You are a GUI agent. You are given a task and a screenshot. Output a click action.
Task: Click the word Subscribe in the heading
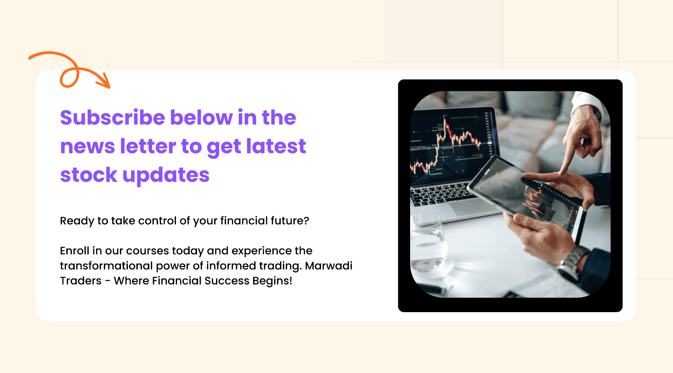tap(113, 117)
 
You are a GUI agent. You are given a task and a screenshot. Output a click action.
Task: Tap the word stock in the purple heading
tap(89, 175)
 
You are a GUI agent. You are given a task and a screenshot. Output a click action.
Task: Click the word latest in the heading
tap(276, 146)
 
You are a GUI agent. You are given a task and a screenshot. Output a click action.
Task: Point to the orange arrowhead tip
tap(110, 88)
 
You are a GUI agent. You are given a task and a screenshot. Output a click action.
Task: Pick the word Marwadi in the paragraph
tap(328, 266)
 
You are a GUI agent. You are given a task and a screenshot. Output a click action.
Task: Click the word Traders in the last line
tap(81, 281)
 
